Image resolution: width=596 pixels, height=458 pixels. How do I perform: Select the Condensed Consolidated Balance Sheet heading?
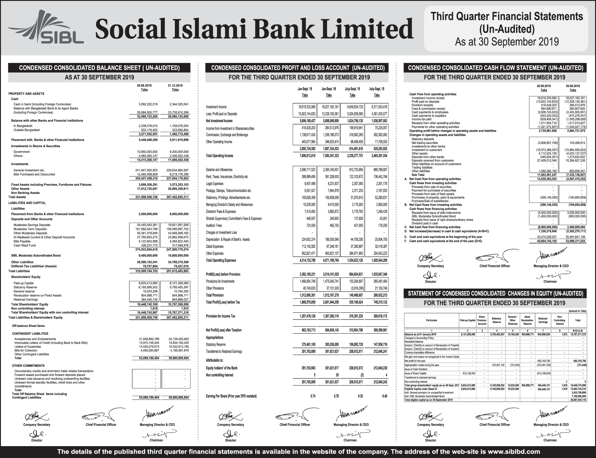[x=99, y=68]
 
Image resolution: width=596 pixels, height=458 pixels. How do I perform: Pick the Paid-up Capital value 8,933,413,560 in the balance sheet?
[x=148, y=283]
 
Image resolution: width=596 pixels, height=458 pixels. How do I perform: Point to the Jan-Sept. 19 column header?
[x=305, y=89]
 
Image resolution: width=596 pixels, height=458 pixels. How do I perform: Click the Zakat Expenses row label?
[x=215, y=247]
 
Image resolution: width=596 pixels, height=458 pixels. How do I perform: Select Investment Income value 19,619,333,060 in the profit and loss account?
[x=305, y=107]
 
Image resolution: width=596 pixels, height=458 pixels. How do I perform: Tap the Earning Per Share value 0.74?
[x=312, y=396]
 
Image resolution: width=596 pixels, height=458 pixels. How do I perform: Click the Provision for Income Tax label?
[x=220, y=316]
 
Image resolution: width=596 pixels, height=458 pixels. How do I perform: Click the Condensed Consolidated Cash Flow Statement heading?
[x=495, y=68]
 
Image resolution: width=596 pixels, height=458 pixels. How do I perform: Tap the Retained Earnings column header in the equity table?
[x=543, y=320]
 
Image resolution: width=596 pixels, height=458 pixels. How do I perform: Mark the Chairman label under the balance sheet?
[x=156, y=440]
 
